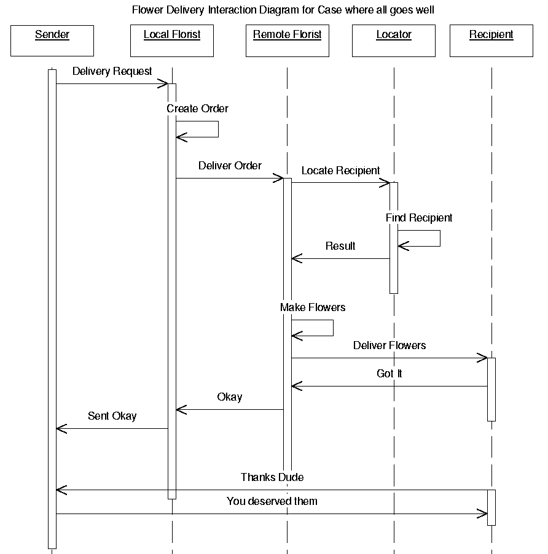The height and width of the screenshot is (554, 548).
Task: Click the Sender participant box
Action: click(x=52, y=40)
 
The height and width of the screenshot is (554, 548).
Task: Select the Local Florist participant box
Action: click(x=172, y=40)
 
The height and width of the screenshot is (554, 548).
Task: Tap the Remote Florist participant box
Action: click(x=287, y=40)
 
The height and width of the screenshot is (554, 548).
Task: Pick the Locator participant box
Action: click(x=394, y=40)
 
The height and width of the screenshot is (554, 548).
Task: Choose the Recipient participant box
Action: click(x=491, y=40)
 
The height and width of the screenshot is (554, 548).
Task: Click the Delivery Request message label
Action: click(x=112, y=71)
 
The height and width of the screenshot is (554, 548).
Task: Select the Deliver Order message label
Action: click(x=230, y=166)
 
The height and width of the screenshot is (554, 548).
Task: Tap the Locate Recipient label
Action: click(x=340, y=171)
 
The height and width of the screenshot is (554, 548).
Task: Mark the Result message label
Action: click(x=340, y=246)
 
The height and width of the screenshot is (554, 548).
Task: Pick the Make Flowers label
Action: click(x=313, y=307)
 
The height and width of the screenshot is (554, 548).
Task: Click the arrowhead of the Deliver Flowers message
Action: click(x=483, y=358)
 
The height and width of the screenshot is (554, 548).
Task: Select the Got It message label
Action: click(x=389, y=373)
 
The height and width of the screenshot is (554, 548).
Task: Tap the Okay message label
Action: click(x=230, y=397)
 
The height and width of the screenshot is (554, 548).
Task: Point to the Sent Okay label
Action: click(x=112, y=416)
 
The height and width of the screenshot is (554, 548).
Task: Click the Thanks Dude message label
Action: click(x=272, y=477)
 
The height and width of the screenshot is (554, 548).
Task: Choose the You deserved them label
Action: click(x=272, y=501)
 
